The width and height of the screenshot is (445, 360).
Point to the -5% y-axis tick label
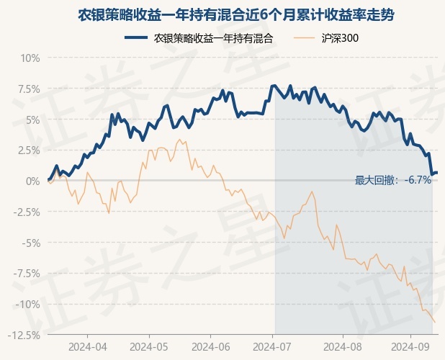[x=30, y=243]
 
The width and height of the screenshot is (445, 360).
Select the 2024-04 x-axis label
[x=88, y=347]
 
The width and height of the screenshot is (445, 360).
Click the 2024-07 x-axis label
[x=274, y=347]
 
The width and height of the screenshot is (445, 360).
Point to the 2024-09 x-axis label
[x=410, y=347]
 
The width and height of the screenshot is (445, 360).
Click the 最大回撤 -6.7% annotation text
[x=393, y=180]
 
